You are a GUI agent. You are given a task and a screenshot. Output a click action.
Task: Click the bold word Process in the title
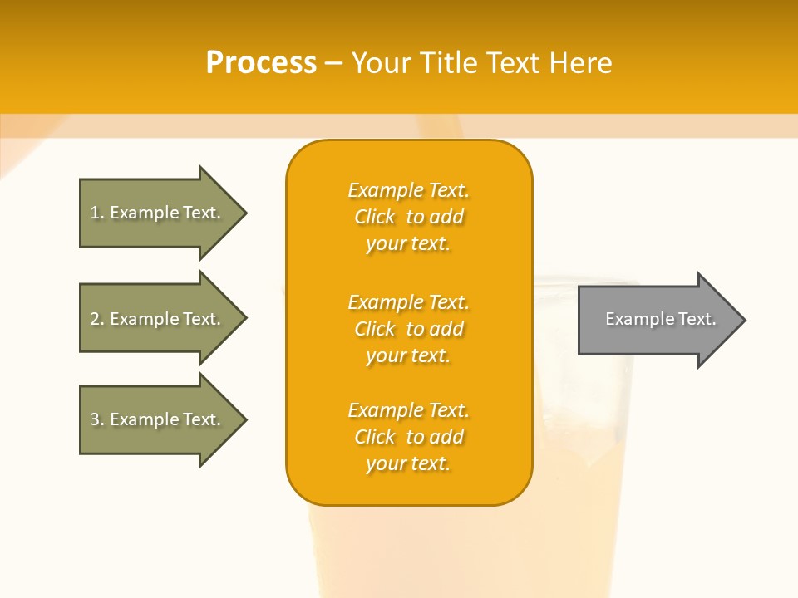[261, 63]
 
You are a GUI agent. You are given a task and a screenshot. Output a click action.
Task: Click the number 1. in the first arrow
[97, 213]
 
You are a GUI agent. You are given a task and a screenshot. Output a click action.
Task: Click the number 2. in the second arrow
[97, 319]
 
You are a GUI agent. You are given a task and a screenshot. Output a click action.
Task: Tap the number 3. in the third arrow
[97, 419]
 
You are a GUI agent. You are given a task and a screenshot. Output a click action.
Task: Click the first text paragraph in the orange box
[408, 217]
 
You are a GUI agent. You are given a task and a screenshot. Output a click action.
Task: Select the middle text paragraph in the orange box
[408, 329]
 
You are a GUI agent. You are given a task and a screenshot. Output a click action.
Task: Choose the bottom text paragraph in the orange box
[408, 437]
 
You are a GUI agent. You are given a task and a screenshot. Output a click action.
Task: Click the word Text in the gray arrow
[697, 319]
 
